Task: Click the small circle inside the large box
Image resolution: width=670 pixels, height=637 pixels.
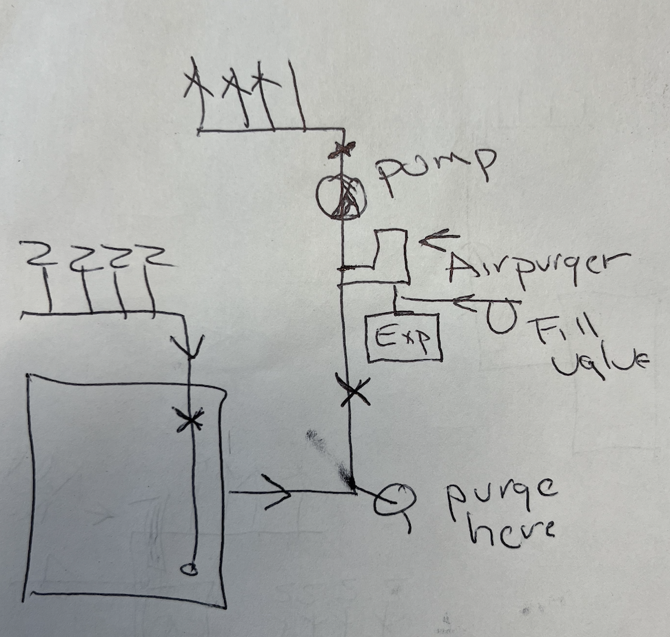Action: click(188, 569)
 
